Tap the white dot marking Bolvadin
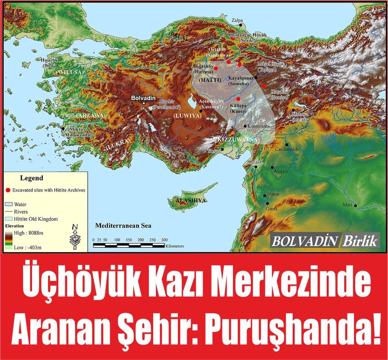(x=144, y=103)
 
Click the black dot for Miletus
(x=63, y=128)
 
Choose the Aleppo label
(x=281, y=171)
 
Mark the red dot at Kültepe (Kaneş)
(x=238, y=99)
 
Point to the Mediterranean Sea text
(x=123, y=226)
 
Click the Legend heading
(x=32, y=178)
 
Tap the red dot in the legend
(x=8, y=190)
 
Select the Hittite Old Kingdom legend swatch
(x=9, y=219)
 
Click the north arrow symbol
(x=75, y=237)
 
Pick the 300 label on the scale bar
(x=164, y=240)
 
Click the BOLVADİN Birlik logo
(x=325, y=241)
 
